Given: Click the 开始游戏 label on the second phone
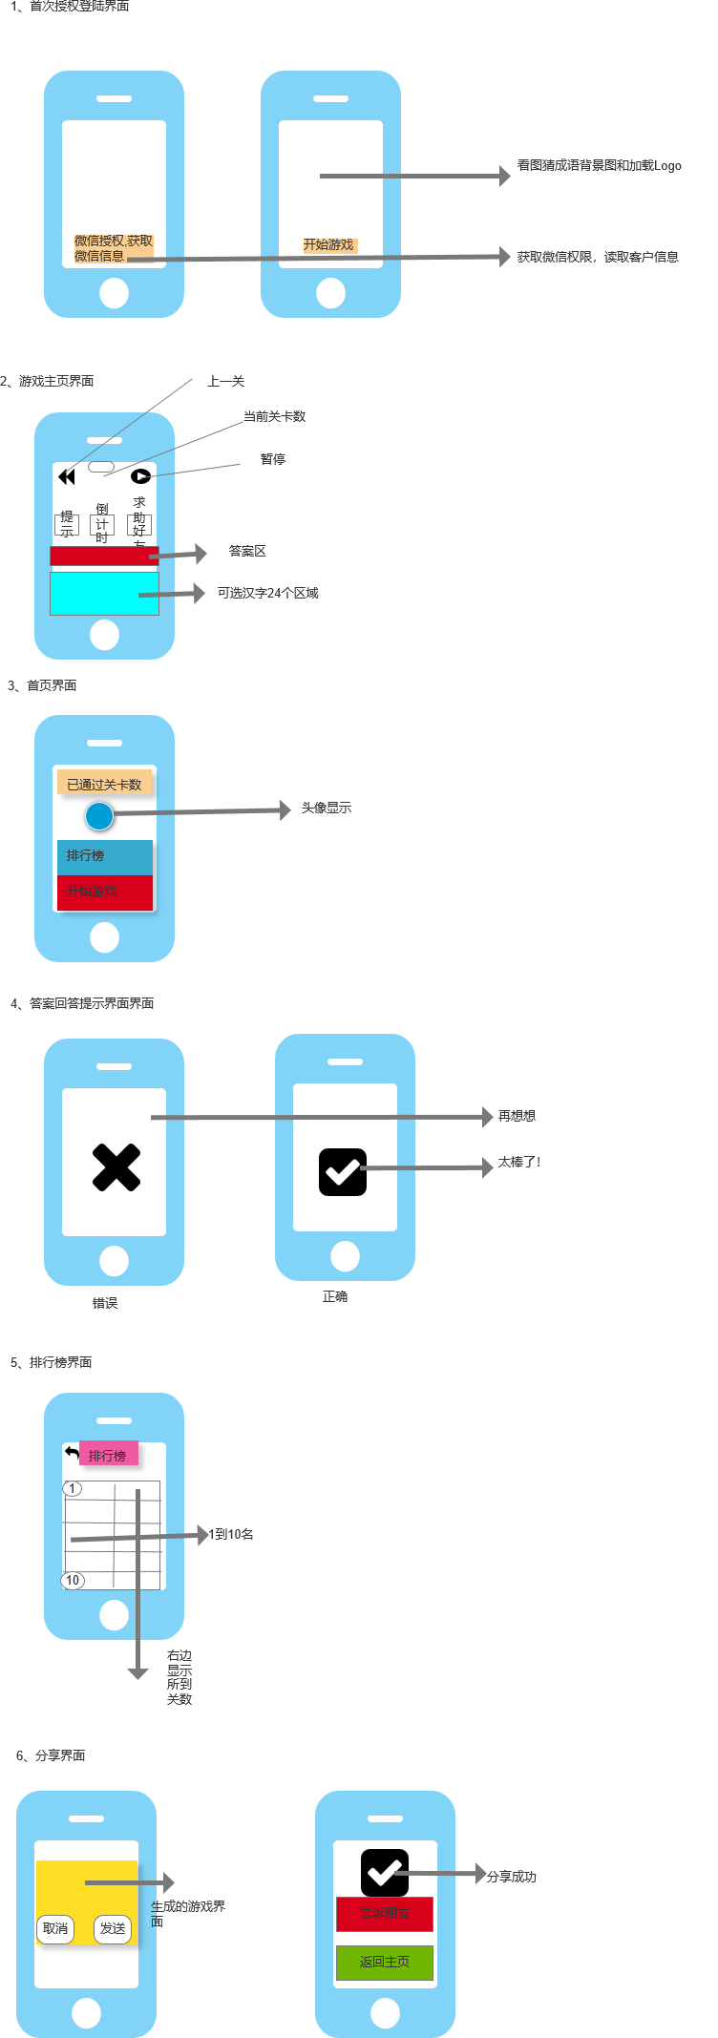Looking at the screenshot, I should (329, 245).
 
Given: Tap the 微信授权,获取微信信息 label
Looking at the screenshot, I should (113, 248).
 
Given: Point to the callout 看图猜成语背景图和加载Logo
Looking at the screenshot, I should (599, 166).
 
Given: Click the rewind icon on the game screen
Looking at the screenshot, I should (67, 476).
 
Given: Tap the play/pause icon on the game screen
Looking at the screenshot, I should (140, 476).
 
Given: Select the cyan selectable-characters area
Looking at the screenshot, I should (104, 594).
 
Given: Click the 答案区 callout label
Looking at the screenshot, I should (247, 552).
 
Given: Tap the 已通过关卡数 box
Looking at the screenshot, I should (104, 785).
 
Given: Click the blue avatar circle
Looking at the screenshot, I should (99, 816).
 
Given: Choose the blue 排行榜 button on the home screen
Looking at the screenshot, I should (104, 856).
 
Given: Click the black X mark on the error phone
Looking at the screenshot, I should (116, 1167).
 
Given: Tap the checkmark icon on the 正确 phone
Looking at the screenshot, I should (343, 1171).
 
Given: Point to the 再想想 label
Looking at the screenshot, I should (517, 1116).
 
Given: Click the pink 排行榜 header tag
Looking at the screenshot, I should (109, 1455).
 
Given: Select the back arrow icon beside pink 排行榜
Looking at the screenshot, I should (73, 1452).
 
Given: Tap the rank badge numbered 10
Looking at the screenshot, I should (73, 1581).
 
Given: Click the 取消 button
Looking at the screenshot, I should (55, 1929).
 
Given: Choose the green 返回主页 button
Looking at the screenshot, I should (385, 1963).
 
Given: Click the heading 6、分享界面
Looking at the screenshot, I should (51, 1755).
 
